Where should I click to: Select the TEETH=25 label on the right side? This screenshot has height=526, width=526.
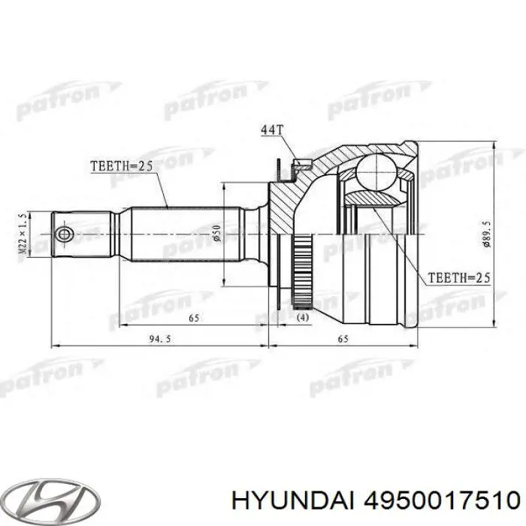click(458, 278)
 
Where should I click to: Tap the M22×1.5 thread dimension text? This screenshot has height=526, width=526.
click(24, 233)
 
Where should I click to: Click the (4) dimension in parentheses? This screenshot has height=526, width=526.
click(302, 318)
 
